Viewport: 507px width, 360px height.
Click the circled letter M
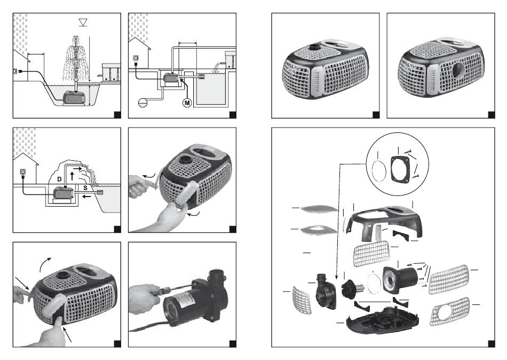pyautogui.click(x=187, y=101)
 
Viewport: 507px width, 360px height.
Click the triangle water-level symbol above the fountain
pyautogui.click(x=82, y=22)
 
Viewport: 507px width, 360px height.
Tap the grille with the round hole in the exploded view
pyautogui.click(x=449, y=313)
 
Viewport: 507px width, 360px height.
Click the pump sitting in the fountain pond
pyautogui.click(x=75, y=98)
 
